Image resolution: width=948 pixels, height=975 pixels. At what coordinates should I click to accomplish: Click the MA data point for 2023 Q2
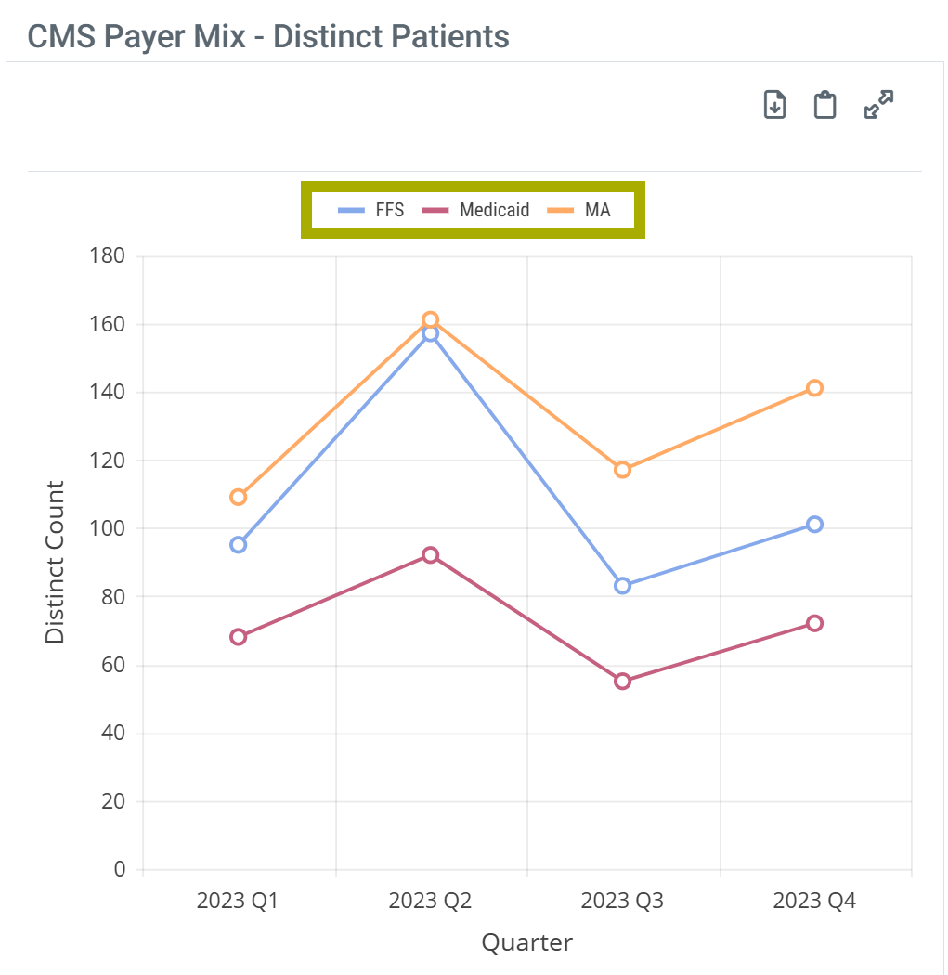(430, 320)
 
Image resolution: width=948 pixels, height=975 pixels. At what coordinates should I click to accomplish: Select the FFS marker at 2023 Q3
(622, 586)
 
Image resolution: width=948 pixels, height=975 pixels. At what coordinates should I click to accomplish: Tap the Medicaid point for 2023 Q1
(239, 637)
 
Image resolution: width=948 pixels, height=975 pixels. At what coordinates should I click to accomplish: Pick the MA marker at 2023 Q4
(814, 388)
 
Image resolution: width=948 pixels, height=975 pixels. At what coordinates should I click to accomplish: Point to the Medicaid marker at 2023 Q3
(622, 682)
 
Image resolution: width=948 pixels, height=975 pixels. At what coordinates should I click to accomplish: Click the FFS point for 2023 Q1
(239, 545)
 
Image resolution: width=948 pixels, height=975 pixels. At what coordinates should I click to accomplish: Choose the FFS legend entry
(371, 210)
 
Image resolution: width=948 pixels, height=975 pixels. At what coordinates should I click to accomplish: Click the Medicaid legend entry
(476, 210)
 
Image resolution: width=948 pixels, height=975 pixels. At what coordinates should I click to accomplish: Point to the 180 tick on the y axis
(108, 255)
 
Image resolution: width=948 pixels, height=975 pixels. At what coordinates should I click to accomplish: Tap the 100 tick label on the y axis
(108, 528)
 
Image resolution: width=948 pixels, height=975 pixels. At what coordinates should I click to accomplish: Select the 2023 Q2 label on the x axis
(430, 901)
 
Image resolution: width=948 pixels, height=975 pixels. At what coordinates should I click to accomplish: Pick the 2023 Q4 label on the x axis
(814, 901)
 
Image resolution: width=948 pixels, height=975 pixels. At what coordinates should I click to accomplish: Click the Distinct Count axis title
(56, 563)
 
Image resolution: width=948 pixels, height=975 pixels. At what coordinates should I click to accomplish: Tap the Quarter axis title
(526, 943)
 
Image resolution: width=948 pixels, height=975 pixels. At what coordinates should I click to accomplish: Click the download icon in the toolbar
(774, 105)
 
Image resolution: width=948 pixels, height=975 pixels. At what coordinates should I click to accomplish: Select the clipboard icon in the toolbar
(825, 105)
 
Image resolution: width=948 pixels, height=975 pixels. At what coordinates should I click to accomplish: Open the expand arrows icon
(878, 104)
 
